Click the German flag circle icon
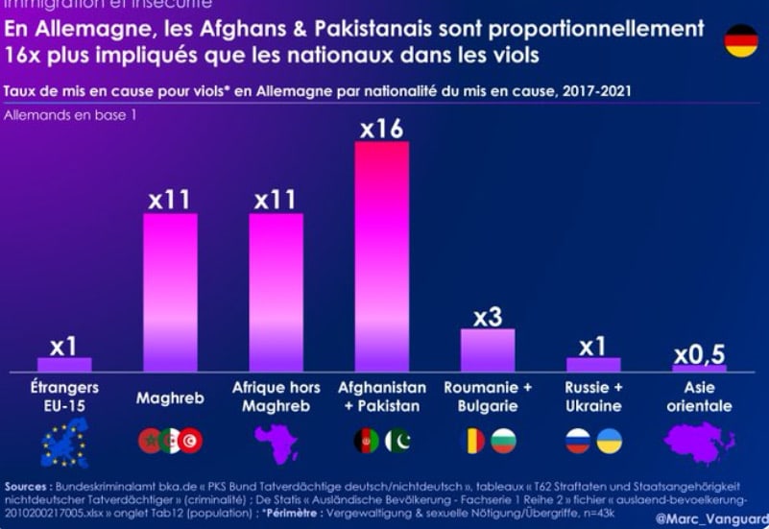[740, 41]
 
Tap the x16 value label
[381, 129]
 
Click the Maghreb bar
[170, 292]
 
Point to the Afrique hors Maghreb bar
[276, 292]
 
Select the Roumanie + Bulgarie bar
[488, 350]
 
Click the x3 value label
[488, 316]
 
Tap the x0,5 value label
[698, 355]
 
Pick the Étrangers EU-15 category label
[64, 397]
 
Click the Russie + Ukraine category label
[593, 397]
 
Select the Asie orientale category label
[699, 397]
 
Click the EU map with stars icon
[64, 443]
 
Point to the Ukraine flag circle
[609, 441]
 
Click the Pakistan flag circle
[397, 441]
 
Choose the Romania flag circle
[473, 441]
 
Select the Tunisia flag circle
[190, 441]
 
